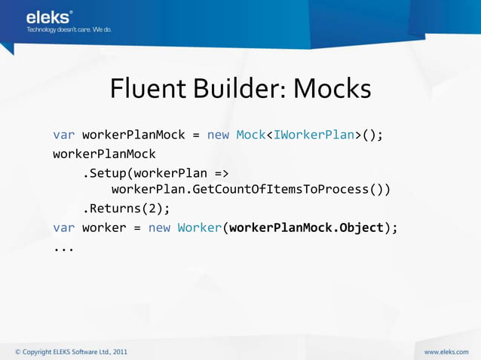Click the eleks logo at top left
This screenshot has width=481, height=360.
coord(49,17)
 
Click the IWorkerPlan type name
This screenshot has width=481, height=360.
coord(314,136)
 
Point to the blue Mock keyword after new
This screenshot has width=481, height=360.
coord(250,136)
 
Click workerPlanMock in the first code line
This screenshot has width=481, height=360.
coord(133,136)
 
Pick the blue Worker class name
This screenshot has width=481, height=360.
coord(199,227)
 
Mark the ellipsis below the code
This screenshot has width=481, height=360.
coord(63,246)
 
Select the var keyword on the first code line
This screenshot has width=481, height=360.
coord(63,136)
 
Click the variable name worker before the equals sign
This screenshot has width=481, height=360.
coord(103,227)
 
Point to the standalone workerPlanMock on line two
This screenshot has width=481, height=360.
coord(104,154)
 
